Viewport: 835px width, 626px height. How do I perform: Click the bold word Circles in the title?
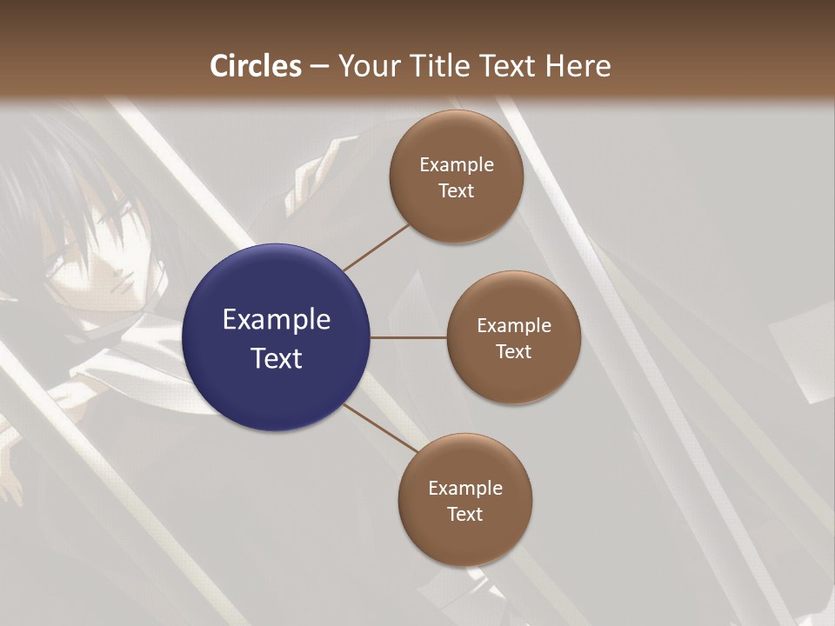[256, 66]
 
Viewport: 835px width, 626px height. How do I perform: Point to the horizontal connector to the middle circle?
[408, 337]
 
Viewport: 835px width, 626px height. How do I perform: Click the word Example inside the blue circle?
[276, 320]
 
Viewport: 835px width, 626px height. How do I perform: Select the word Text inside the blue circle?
[276, 357]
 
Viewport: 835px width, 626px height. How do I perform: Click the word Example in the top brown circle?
[456, 165]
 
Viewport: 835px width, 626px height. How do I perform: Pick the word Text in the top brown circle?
[456, 191]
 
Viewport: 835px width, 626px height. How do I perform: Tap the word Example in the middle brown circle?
[513, 326]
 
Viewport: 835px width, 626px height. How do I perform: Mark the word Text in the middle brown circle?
[513, 352]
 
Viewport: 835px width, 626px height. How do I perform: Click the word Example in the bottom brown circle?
[464, 489]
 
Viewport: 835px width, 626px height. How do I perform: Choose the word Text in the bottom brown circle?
[464, 515]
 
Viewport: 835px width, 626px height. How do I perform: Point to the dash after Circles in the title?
[319, 67]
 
